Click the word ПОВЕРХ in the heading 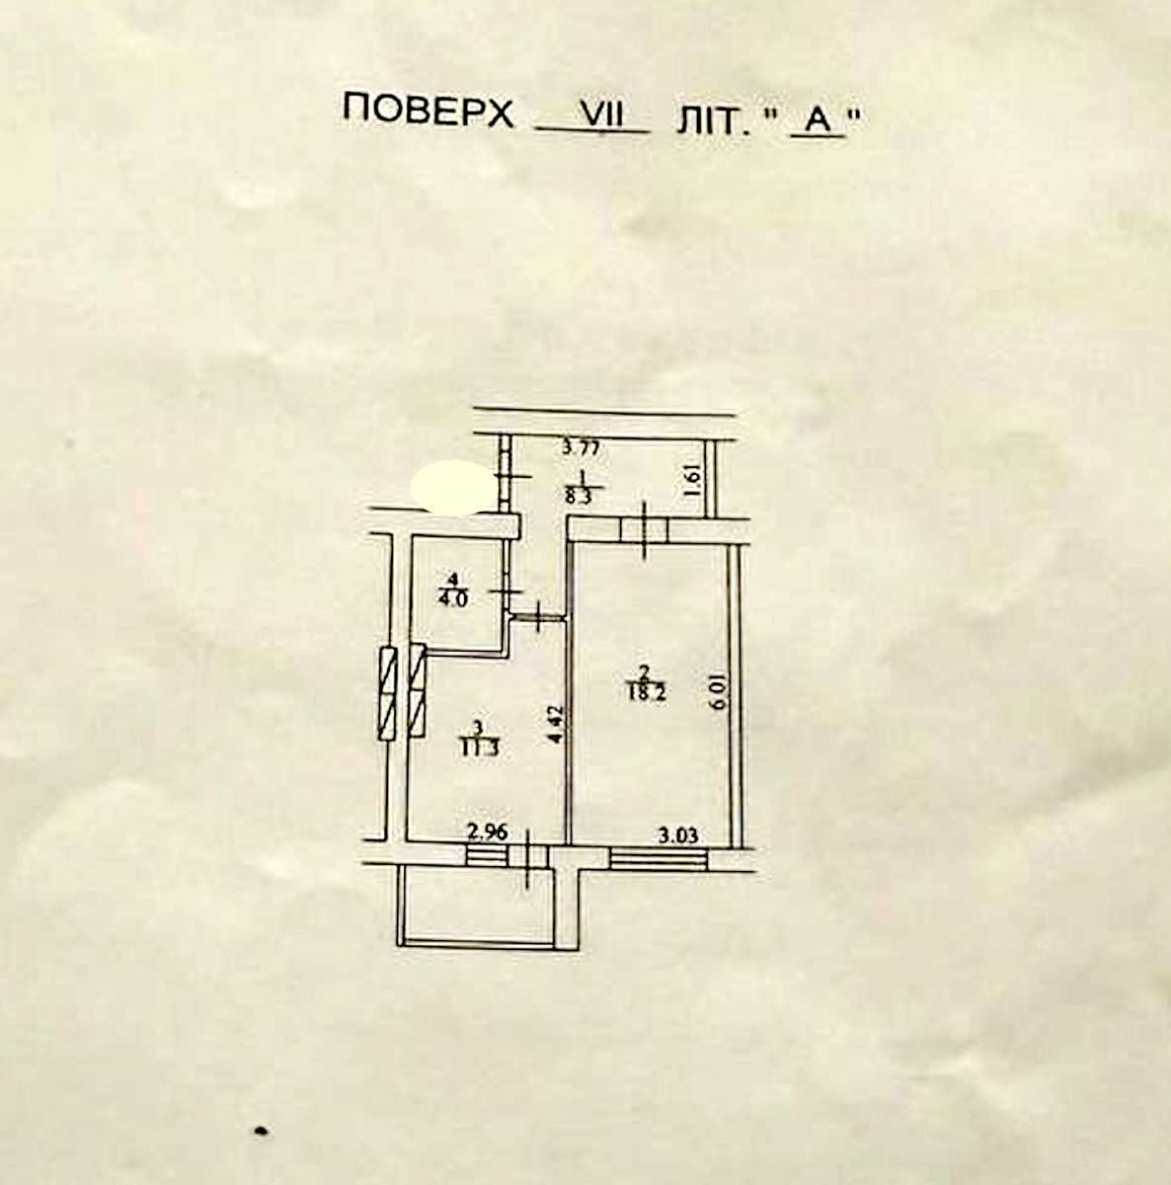[x=429, y=112]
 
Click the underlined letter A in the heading [x=818, y=121]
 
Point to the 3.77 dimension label [x=581, y=447]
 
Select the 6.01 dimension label [x=720, y=692]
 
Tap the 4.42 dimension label [x=556, y=725]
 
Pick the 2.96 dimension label [x=488, y=832]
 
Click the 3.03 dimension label [x=678, y=835]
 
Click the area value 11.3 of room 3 [x=479, y=749]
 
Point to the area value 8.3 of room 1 [x=579, y=497]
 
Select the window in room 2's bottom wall [x=659, y=858]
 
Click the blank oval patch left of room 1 [x=455, y=487]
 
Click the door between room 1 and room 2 [x=644, y=530]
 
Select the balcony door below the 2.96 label [x=528, y=856]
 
